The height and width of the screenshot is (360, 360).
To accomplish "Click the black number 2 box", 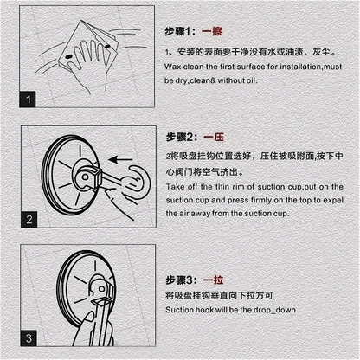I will tap(29, 219).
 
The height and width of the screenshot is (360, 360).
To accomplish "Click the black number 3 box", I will tap(29, 338).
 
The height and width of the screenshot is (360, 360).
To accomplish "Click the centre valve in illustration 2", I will tap(85, 177).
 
